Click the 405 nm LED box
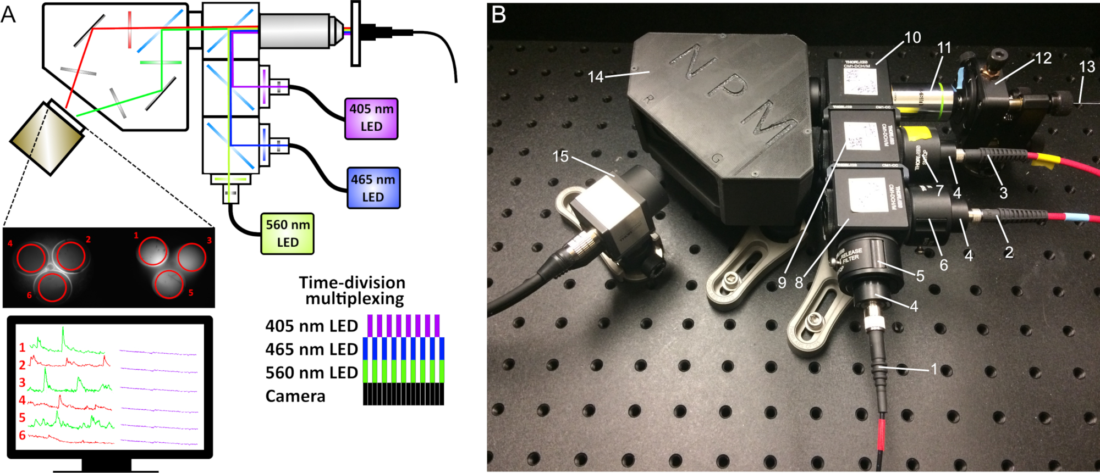[x=371, y=118]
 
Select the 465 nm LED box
[x=373, y=188]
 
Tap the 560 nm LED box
[x=287, y=233]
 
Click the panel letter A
[x=8, y=15]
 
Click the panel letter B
[x=498, y=14]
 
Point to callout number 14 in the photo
[x=596, y=76]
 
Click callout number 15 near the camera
[x=560, y=157]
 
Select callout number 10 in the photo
[x=912, y=37]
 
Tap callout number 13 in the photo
[x=1087, y=67]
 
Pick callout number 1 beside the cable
[x=933, y=369]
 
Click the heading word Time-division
[x=352, y=282]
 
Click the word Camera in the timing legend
[x=295, y=396]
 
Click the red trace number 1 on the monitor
[x=22, y=347]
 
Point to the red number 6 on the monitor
[x=22, y=435]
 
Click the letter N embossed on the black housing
[x=697, y=60]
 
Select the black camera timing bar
[x=403, y=394]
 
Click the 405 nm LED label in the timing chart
[x=311, y=326]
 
